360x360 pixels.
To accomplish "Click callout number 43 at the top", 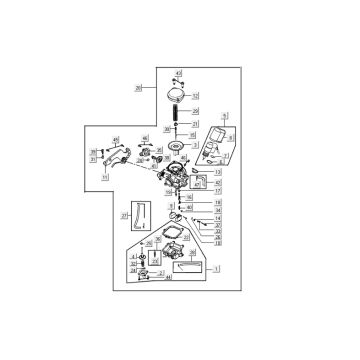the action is [x=179, y=74].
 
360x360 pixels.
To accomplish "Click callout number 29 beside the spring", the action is [x=196, y=112].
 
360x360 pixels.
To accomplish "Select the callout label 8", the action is [x=231, y=136].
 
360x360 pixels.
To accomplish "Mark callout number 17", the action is [x=218, y=190].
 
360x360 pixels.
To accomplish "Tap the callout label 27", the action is [x=123, y=214].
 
